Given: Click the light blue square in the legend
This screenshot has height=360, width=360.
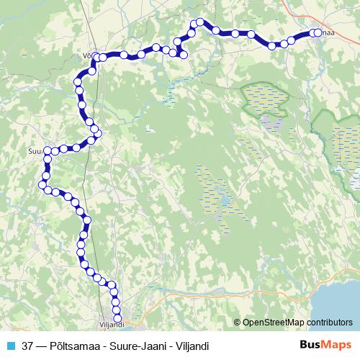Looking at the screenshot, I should click(9, 345).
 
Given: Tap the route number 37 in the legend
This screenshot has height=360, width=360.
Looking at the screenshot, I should click(27, 345).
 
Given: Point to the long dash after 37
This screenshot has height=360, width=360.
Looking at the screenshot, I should click(41, 345).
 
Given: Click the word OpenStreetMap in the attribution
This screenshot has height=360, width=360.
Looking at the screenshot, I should click(274, 322).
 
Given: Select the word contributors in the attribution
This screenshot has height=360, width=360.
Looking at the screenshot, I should click(328, 322).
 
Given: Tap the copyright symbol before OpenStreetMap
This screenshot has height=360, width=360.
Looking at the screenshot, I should click(238, 322).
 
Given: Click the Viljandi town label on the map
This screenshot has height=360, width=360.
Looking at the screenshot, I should click(112, 325).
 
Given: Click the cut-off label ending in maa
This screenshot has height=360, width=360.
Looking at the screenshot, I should click(326, 32).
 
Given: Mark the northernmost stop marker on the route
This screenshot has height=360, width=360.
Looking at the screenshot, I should click(200, 22).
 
